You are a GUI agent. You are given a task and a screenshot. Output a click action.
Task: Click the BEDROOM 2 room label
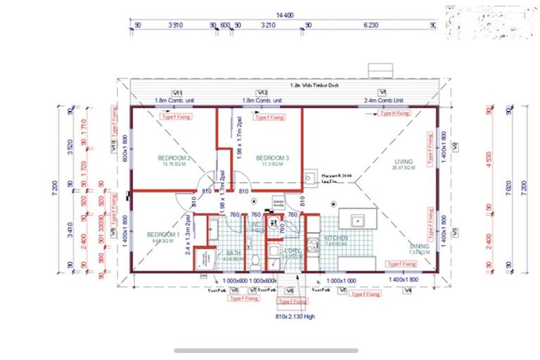[175, 157]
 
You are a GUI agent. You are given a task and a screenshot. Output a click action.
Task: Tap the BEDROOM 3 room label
[273, 157]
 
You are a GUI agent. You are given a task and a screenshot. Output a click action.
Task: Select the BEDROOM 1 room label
[163, 234]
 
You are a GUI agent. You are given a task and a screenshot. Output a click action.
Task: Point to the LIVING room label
[404, 161]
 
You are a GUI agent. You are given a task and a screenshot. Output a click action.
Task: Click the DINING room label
[419, 246]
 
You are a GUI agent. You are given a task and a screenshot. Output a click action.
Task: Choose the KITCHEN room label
[336, 239]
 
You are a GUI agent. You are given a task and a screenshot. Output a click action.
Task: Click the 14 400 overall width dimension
[284, 14]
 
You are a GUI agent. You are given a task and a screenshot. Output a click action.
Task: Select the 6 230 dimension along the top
[371, 25]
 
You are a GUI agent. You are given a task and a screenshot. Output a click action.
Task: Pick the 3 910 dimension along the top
[175, 25]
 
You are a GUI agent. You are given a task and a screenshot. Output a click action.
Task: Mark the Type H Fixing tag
[394, 112]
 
